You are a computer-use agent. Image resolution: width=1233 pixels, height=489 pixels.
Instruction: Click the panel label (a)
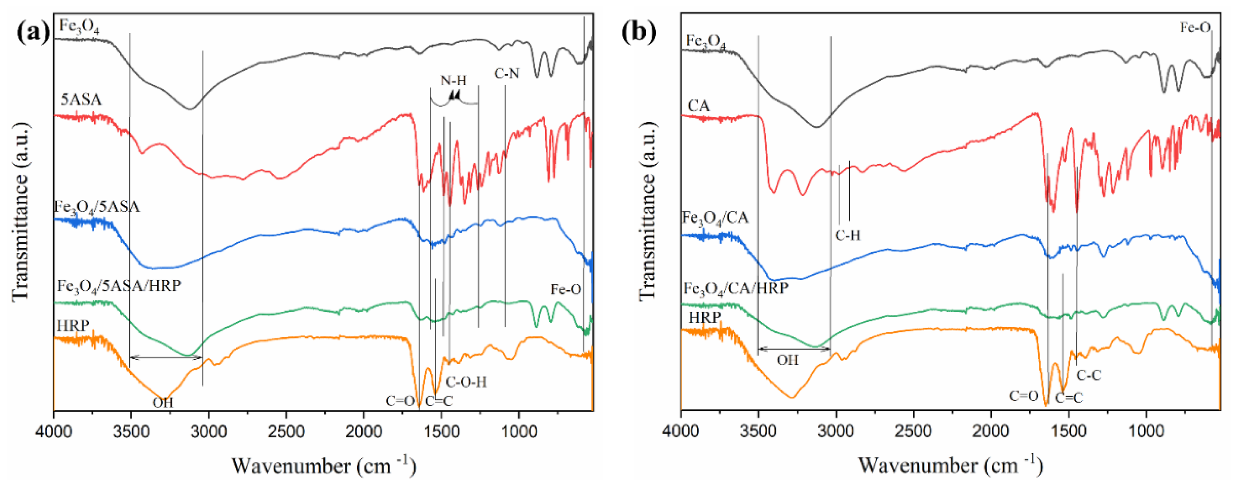(32, 32)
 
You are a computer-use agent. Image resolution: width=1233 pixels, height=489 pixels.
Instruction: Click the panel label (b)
(639, 32)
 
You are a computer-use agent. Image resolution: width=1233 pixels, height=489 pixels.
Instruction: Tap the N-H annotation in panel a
(453, 81)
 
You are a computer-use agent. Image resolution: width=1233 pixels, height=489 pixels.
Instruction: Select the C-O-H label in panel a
(466, 382)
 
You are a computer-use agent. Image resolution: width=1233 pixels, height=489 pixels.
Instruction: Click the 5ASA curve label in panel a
(81, 99)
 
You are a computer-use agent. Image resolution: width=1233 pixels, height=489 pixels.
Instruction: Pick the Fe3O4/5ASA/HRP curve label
(119, 286)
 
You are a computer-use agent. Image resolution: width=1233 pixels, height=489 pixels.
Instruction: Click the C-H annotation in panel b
(848, 235)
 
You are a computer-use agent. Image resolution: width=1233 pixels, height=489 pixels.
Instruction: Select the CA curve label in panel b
(698, 105)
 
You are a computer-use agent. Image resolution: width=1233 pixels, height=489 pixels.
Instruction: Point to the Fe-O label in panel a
(566, 289)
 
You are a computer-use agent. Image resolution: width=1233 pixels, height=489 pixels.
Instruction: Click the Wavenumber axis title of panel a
(324, 465)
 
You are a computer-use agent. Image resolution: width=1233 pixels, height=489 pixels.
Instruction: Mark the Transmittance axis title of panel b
(647, 210)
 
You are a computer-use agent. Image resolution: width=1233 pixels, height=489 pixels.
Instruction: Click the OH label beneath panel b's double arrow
(787, 360)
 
